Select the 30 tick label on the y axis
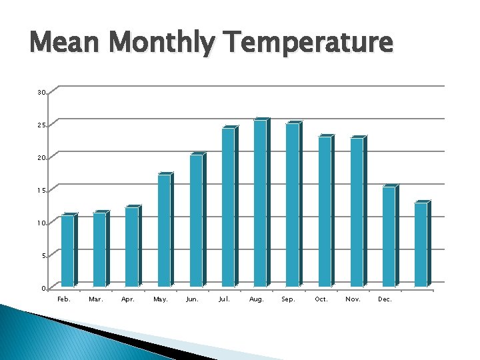point(42,92)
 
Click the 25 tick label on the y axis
point(42,125)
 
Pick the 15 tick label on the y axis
point(42,191)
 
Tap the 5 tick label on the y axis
point(43,256)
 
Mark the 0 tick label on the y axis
point(43,289)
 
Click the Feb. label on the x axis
point(64,299)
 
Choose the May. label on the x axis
point(161,299)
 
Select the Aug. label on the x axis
point(257,299)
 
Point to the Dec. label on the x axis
point(385,299)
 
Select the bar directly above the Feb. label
point(67,251)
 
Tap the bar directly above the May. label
point(164,230)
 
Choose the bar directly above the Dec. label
point(389,237)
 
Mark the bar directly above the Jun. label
point(196,221)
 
